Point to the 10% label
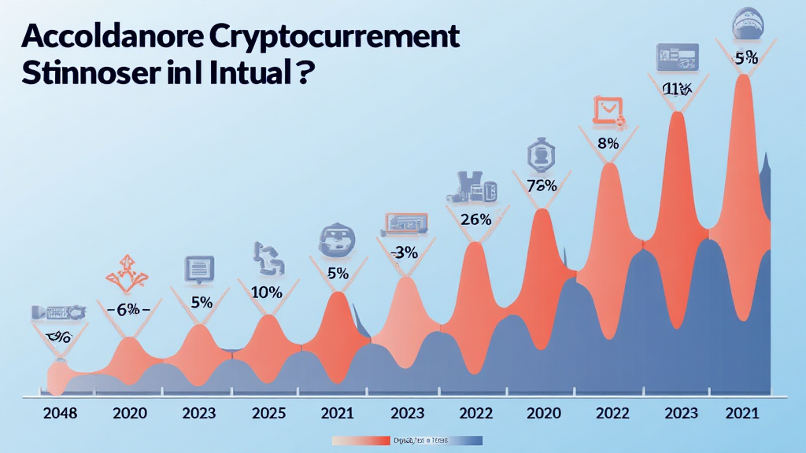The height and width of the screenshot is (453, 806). [x=266, y=293]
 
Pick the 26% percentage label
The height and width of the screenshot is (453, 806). [x=475, y=219]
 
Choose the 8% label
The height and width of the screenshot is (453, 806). [x=607, y=144]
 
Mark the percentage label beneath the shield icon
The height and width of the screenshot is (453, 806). [x=542, y=186]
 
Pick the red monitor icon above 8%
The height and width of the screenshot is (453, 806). [x=607, y=111]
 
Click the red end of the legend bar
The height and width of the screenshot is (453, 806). [x=362, y=441]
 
